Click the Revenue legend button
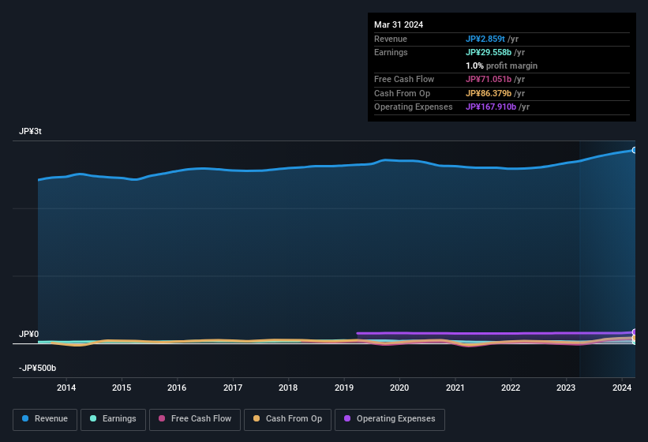[x=45, y=419]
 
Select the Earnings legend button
[x=113, y=419]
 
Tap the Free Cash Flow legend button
[x=195, y=419]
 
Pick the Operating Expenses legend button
[x=389, y=419]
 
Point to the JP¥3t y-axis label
[x=30, y=132]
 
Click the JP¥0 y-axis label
[x=28, y=335]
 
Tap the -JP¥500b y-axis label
[x=37, y=369]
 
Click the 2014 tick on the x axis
[x=66, y=388]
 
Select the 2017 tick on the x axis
[x=233, y=388]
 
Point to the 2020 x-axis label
[x=399, y=388]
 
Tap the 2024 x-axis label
[x=622, y=388]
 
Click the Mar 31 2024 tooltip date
[x=399, y=24]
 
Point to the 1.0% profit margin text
[x=501, y=66]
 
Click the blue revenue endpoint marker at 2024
[x=635, y=150]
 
